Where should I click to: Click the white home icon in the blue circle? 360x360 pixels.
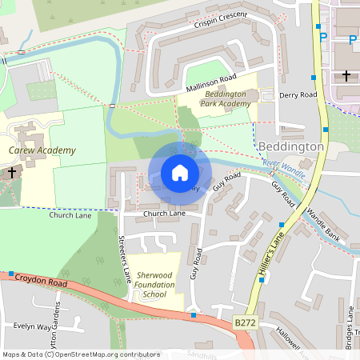pos(180,172)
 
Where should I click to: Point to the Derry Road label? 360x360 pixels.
pos(299,94)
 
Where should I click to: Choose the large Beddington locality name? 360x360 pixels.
pos(291,147)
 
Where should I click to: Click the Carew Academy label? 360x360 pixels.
pos(42,150)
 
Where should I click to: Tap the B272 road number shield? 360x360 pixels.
pos(246,322)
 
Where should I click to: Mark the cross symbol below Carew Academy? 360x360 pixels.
pos(12,172)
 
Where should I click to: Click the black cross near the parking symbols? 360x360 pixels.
pos(346,75)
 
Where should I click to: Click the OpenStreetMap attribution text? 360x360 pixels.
pos(81,354)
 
